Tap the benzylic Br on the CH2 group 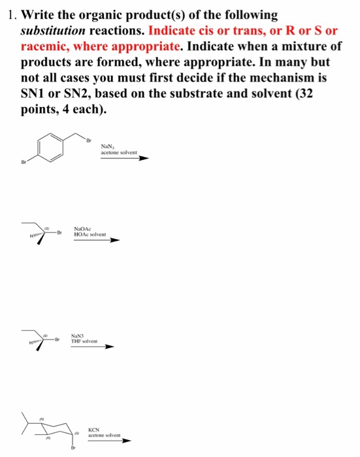[90, 139]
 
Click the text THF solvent [84, 341]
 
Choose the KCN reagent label [95, 429]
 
